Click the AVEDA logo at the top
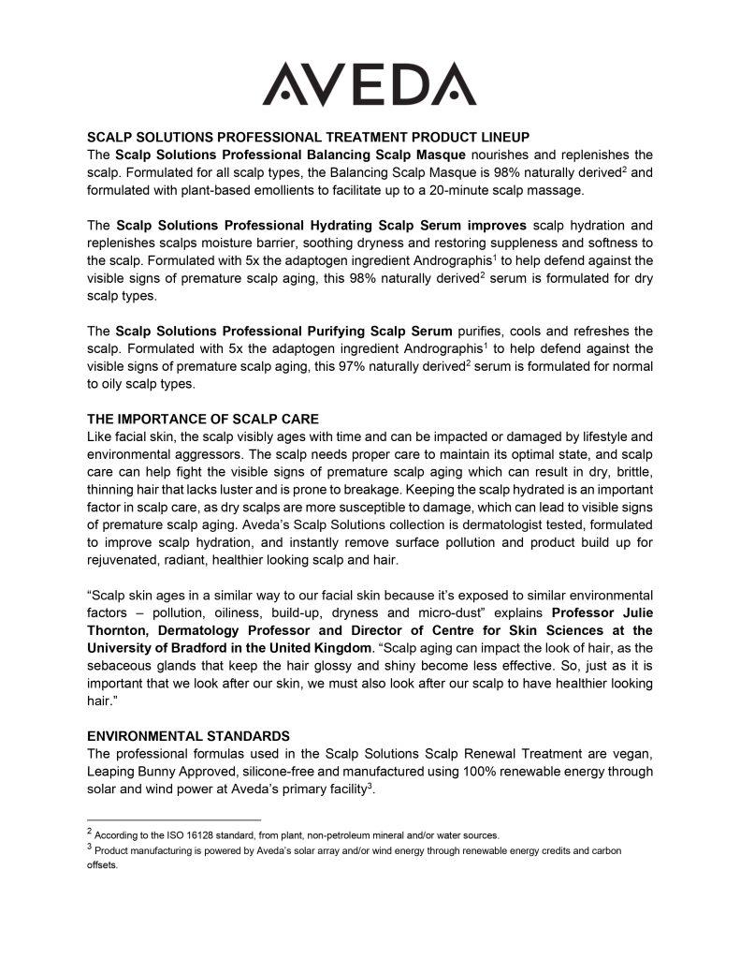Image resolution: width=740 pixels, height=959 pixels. coord(370,84)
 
